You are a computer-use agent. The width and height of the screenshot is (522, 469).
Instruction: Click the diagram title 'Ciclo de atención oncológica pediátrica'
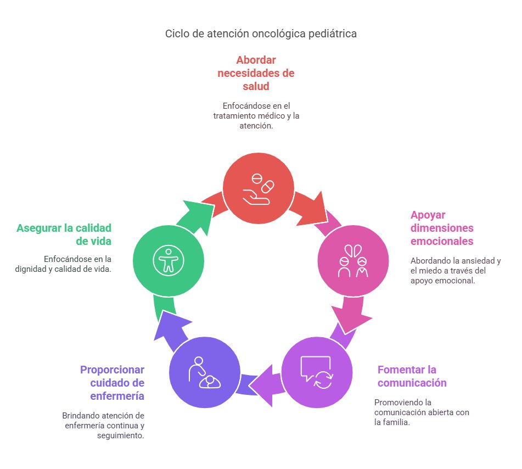pos(261,33)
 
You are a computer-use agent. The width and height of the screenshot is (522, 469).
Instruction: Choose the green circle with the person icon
pos(169,260)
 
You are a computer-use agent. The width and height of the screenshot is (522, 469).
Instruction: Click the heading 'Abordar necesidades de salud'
pos(256,73)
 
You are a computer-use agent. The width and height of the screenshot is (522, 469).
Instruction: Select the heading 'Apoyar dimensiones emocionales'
pos(442,228)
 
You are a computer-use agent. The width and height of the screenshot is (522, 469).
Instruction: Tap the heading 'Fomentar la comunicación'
pos(412,376)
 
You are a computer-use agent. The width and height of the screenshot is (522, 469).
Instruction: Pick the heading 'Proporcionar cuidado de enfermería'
pos(112,382)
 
